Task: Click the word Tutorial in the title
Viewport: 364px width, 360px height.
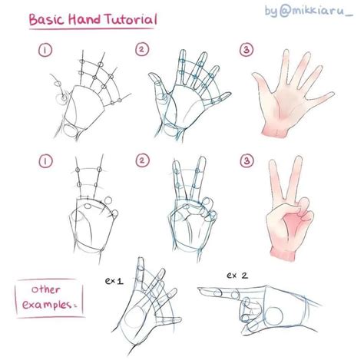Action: (131, 20)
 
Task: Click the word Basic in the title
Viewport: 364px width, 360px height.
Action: (46, 20)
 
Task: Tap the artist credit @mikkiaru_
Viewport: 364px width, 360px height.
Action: (316, 11)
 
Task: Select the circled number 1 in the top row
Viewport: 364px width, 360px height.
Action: (45, 50)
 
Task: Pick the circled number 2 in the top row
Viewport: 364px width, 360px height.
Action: (142, 49)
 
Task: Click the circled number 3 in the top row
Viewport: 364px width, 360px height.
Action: (247, 50)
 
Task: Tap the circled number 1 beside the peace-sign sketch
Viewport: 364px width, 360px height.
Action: (45, 161)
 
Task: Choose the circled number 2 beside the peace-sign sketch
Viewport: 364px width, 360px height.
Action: (142, 160)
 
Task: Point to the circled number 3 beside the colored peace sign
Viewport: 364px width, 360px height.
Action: (247, 160)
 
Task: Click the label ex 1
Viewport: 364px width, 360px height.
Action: (114, 281)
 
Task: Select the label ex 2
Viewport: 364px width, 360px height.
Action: (237, 276)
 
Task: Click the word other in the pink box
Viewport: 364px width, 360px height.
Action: (46, 289)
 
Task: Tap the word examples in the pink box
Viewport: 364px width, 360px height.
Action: (47, 305)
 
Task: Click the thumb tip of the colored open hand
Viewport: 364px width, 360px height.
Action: (255, 75)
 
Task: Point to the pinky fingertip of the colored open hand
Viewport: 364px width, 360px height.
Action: (332, 94)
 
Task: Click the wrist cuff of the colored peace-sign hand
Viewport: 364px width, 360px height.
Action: (283, 253)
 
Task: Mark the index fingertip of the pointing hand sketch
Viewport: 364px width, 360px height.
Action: (200, 289)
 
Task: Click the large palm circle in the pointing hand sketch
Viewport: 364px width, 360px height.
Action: (274, 315)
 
